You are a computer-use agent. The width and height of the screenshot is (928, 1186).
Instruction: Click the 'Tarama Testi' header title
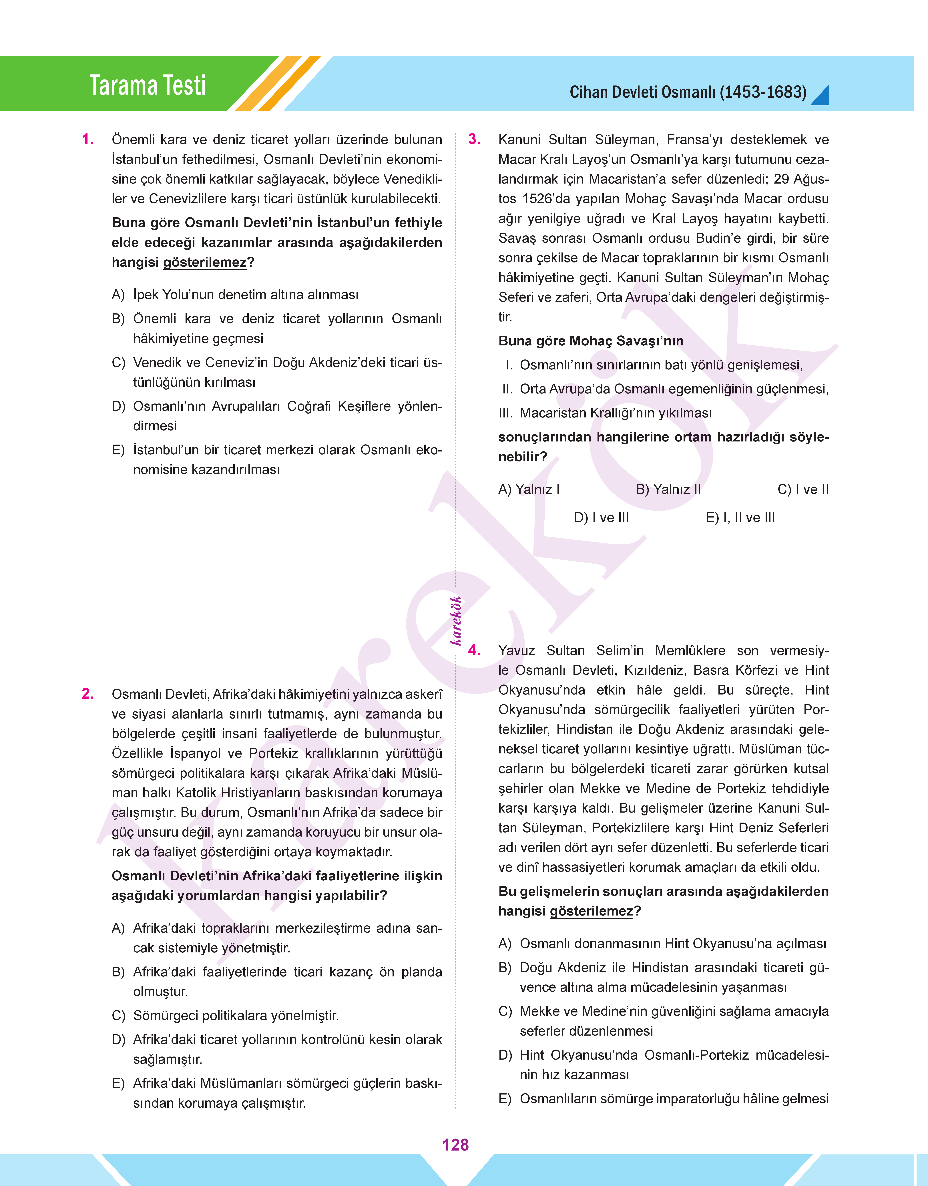click(x=148, y=85)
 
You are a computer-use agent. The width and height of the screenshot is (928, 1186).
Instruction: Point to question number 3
click(x=474, y=140)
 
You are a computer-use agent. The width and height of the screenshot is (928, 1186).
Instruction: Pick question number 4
click(x=474, y=650)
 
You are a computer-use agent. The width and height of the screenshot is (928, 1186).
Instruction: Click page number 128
click(x=455, y=1145)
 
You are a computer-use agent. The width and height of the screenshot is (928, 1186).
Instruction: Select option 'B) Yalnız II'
click(x=668, y=489)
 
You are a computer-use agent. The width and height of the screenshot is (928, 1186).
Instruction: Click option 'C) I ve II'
click(x=803, y=489)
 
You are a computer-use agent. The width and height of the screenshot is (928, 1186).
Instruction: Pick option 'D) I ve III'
click(x=602, y=518)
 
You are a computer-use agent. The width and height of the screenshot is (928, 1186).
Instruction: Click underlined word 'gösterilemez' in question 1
click(x=205, y=262)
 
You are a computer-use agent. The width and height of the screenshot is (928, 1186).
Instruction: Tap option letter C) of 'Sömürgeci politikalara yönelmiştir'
click(x=118, y=1015)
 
